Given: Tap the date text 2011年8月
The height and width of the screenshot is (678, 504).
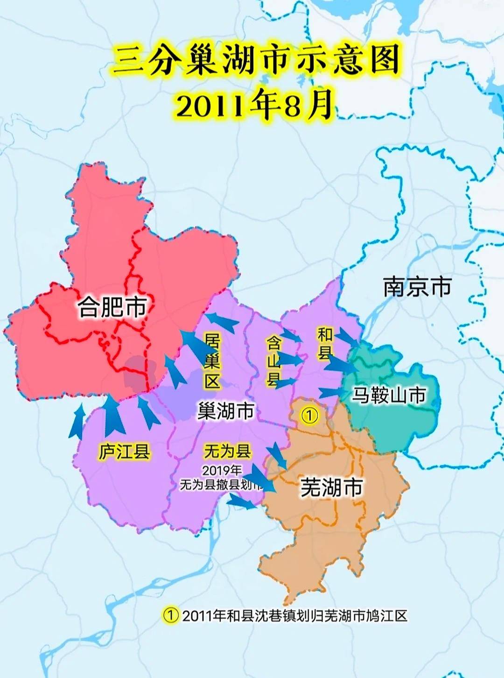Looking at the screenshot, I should tap(254, 105).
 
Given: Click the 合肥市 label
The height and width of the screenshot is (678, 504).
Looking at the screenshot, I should tap(112, 307).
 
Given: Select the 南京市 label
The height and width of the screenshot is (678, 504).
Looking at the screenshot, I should tap(417, 286).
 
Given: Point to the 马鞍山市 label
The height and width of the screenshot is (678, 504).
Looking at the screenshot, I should tap(389, 395).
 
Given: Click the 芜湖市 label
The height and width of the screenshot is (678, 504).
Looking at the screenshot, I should tap(331, 487).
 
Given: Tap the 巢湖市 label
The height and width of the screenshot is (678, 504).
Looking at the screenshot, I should tap(226, 411).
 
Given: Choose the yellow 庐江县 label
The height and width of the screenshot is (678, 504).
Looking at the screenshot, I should tap(124, 452).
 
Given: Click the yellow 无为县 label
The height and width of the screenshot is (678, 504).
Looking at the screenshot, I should tap(227, 451).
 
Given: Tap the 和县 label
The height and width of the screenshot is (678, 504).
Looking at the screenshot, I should tap(325, 343).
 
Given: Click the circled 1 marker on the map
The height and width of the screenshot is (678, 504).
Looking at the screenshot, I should tap(309, 415).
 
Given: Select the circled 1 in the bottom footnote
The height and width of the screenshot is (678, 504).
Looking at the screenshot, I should tap(171, 615).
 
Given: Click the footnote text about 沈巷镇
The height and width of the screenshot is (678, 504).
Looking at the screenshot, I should tap(294, 615).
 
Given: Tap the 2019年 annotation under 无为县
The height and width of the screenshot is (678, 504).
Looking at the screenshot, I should tap(222, 470).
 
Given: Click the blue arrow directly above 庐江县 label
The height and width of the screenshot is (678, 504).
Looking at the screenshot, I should tap(113, 416).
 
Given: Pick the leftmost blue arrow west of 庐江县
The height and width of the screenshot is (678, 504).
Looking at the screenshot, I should tap(77, 422).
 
